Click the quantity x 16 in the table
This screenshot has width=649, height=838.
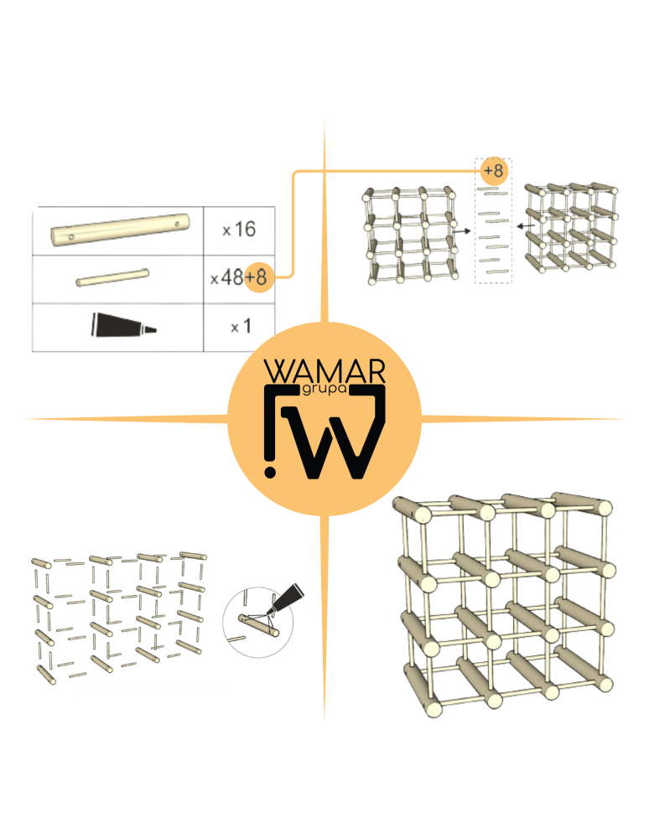click(x=239, y=230)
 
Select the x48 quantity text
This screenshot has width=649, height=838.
click(x=226, y=278)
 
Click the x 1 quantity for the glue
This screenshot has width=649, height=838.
click(x=241, y=327)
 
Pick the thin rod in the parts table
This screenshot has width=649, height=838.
click(x=113, y=277)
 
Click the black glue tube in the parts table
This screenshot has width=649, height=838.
click(x=121, y=325)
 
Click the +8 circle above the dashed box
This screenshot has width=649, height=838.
click(x=493, y=171)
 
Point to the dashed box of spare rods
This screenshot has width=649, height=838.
click(x=493, y=226)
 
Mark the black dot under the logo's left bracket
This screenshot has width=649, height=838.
click(x=269, y=472)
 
